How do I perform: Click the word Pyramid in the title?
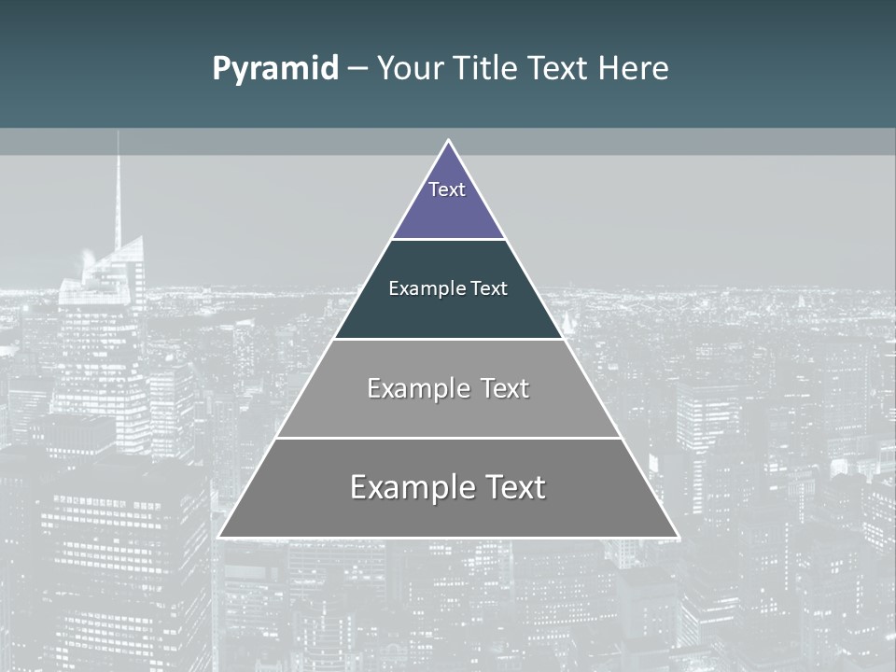coord(275,69)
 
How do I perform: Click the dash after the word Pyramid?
coord(357,70)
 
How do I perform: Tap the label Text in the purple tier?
coord(447,189)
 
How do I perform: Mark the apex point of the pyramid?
coord(449,141)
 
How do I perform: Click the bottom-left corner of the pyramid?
coord(220,537)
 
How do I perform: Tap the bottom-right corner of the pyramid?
coord(678,537)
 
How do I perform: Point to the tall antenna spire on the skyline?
coord(118,187)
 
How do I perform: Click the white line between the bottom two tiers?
coord(448,438)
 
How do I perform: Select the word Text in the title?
coord(560,69)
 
